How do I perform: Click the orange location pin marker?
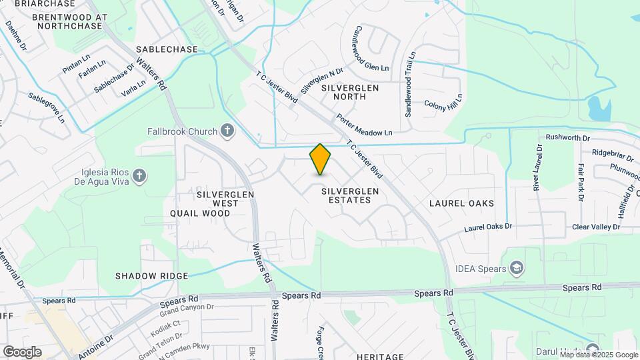coord(320,159)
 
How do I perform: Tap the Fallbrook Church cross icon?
coord(227,131)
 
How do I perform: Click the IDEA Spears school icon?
coord(517,268)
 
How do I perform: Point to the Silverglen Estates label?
coord(350,195)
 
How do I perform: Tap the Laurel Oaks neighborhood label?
coord(461,203)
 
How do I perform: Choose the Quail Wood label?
coord(200,214)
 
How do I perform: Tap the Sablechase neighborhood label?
coord(167,50)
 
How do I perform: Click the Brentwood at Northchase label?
coord(69,21)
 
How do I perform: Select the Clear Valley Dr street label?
coord(595,227)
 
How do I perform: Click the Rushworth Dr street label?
coord(568,138)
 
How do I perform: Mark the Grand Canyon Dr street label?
coord(186,308)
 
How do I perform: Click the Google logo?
coord(22,351)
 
